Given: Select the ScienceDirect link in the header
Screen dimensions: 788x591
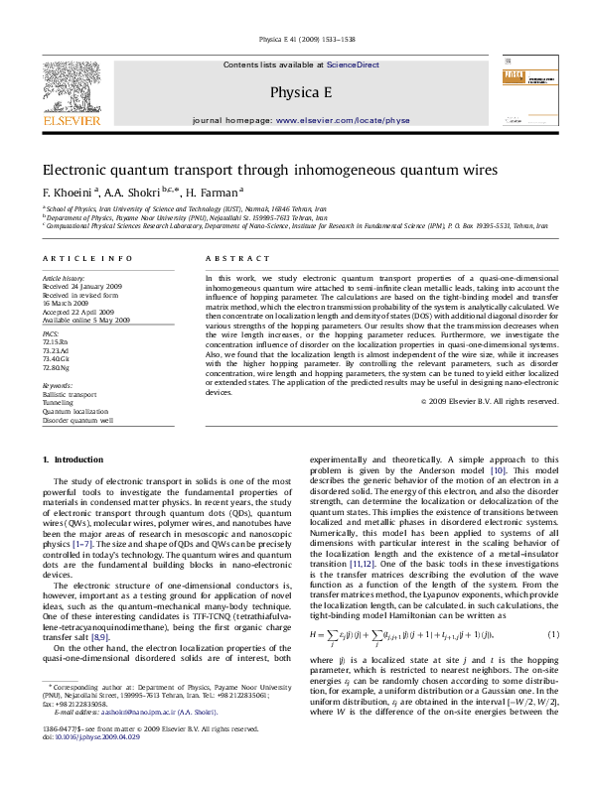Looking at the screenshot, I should pos(354,65).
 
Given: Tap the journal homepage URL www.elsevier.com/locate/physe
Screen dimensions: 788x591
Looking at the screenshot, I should pos(342,119).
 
